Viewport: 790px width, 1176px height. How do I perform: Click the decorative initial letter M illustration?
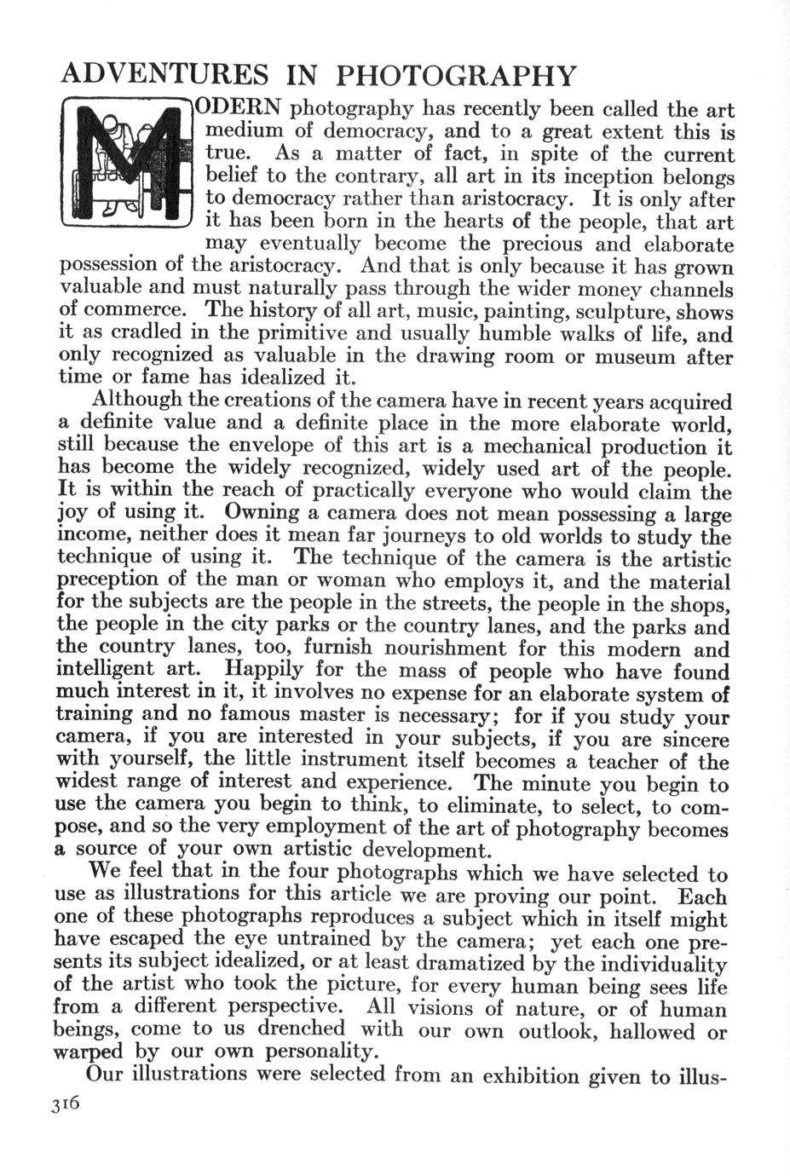[128, 170]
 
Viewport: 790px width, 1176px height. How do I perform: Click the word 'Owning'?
[259, 513]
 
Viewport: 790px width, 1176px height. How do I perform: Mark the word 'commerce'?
[126, 310]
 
